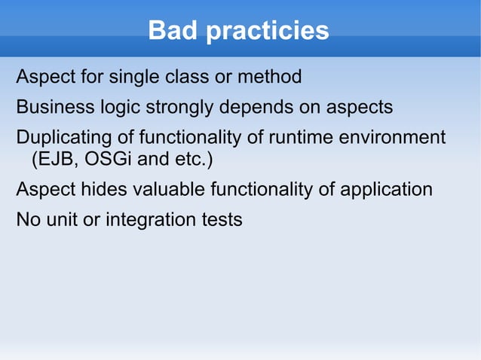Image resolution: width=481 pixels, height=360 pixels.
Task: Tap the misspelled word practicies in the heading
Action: click(x=268, y=31)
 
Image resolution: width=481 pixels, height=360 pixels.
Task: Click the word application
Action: click(x=386, y=189)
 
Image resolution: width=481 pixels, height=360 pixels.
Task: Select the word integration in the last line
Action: click(x=149, y=221)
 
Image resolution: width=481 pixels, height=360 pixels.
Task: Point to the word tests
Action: click(x=221, y=221)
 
